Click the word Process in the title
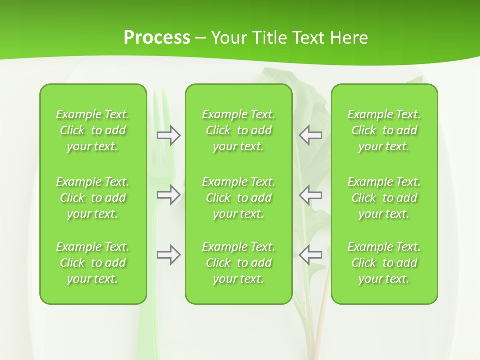[157, 38]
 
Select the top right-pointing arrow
[168, 135]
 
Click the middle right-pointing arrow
[168, 195]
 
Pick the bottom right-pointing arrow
[168, 255]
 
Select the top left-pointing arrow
[311, 135]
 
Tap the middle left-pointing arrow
[311, 195]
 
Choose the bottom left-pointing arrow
[311, 255]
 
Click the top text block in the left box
[93, 130]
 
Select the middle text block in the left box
[93, 198]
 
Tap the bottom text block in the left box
[93, 263]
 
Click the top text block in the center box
[238, 130]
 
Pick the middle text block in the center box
[238, 198]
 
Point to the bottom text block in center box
[238, 263]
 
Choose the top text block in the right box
[384, 130]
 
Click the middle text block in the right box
[384, 198]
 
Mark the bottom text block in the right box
[384, 263]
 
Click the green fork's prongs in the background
[159, 107]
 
